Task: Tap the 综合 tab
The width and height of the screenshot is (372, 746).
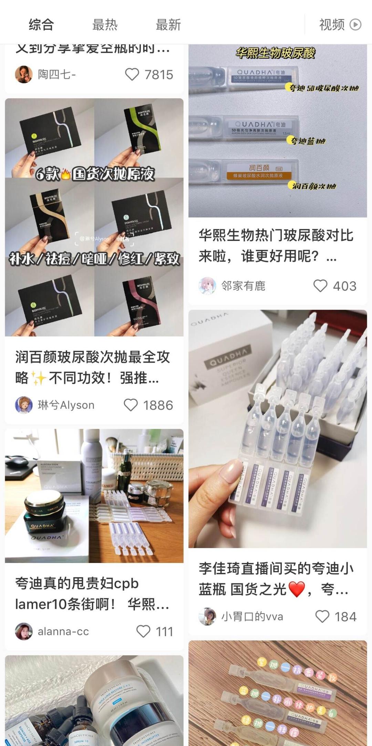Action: tap(41, 25)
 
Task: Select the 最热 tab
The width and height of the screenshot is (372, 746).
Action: tap(105, 25)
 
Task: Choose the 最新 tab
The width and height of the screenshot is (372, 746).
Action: tap(168, 25)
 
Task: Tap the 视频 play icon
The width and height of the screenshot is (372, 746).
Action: tap(355, 25)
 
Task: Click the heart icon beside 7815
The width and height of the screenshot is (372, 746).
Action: tap(132, 74)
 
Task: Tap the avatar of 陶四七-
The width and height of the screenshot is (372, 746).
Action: tap(24, 74)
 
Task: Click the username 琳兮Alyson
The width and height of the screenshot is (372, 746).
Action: tap(66, 405)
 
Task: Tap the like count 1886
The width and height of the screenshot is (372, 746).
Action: tap(158, 405)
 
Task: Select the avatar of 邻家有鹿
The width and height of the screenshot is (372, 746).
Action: tap(207, 286)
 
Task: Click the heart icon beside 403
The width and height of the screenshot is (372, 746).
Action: tap(320, 286)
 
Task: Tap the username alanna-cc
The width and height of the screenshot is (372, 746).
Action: tap(63, 632)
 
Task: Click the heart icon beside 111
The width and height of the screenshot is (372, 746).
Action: tap(143, 632)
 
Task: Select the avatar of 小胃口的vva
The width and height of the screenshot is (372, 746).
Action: tap(207, 616)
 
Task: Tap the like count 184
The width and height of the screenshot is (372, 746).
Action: tap(345, 617)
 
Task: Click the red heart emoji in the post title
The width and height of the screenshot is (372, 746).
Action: tap(297, 589)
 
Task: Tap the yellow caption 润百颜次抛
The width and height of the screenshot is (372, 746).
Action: tap(313, 186)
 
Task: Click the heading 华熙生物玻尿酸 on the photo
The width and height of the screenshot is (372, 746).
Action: tap(276, 53)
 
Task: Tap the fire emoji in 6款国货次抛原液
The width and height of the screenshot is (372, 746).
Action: tap(65, 174)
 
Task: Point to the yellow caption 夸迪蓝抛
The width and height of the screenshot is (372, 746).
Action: tap(308, 141)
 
